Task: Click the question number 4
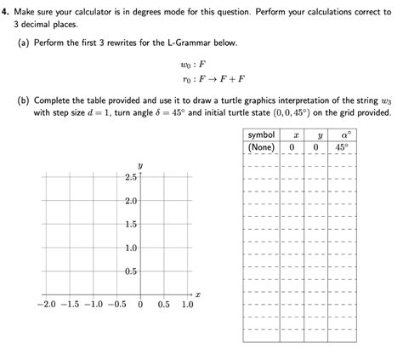click(x=4, y=11)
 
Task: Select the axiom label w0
click(x=185, y=63)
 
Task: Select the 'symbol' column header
click(x=261, y=135)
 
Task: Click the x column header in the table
click(x=295, y=135)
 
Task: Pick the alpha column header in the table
click(x=344, y=135)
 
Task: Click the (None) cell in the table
click(x=261, y=147)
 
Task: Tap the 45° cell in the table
click(x=343, y=147)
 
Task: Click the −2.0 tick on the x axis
click(x=45, y=304)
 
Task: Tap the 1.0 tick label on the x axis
click(x=187, y=304)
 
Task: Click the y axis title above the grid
click(x=139, y=166)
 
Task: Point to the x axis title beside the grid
click(x=197, y=294)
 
